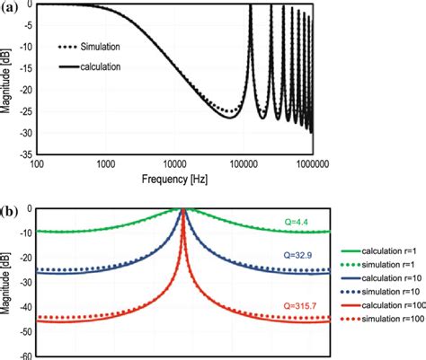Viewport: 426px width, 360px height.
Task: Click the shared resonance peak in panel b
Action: pyautogui.click(x=183, y=210)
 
